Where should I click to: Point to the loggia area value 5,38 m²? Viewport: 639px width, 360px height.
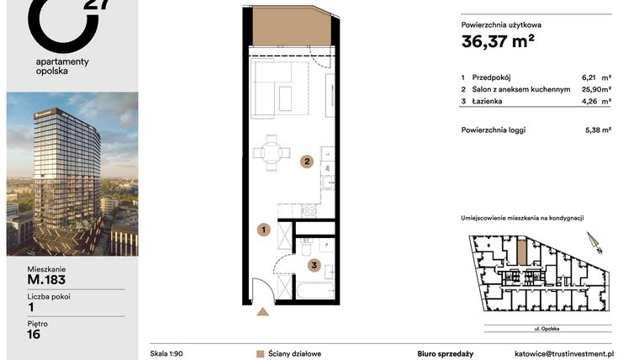(x=597, y=130)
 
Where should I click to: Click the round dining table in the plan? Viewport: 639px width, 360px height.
(x=271, y=153)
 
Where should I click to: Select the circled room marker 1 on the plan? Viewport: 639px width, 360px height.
(x=263, y=229)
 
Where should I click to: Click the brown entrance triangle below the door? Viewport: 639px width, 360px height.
(x=262, y=312)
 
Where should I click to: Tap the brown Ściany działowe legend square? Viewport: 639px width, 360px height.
(x=261, y=354)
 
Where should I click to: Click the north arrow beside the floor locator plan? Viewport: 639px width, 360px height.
(x=596, y=243)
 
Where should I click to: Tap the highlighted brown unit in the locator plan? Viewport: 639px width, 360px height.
(x=521, y=250)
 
